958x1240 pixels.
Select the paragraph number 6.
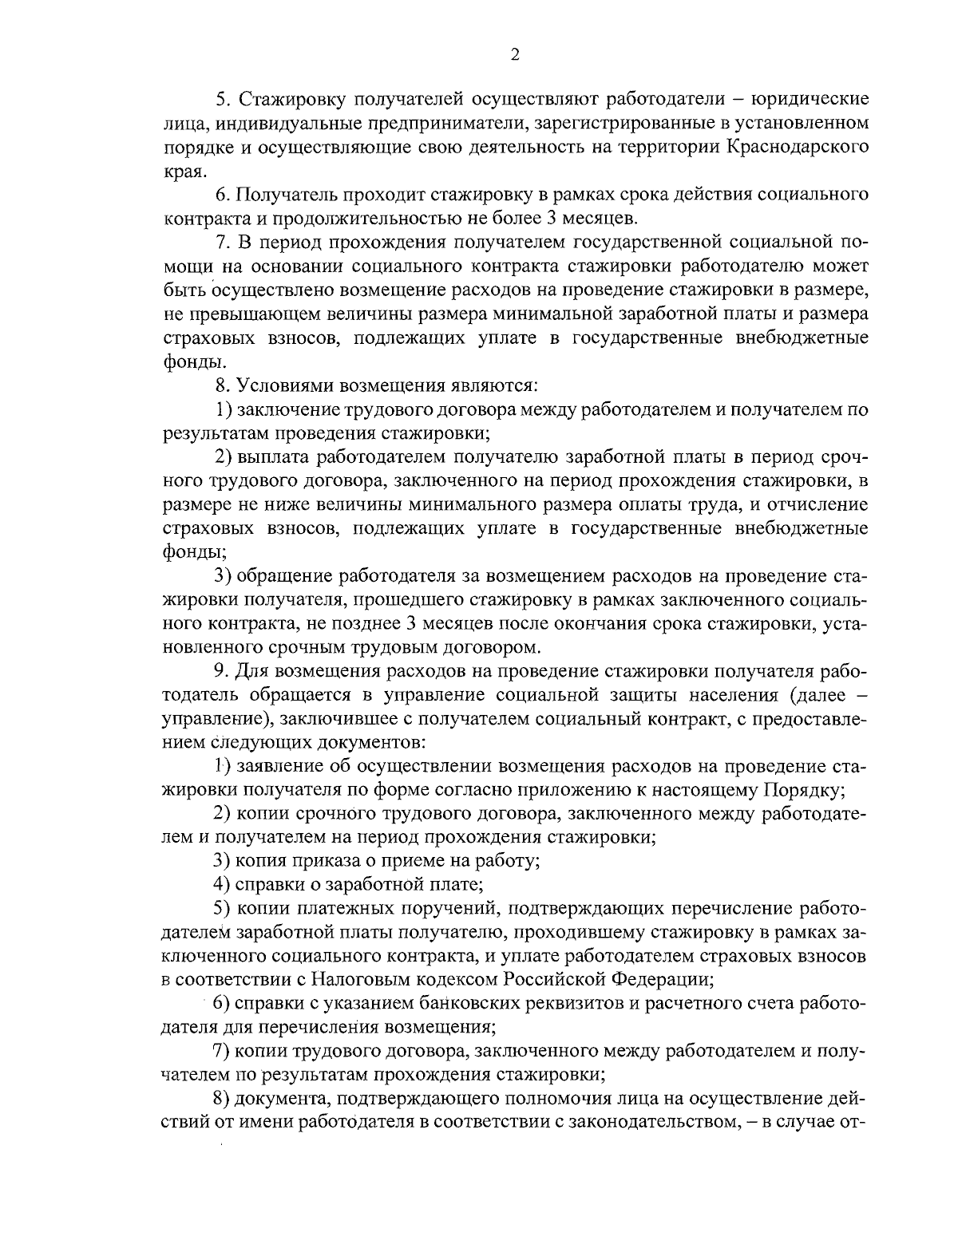coord(221,194)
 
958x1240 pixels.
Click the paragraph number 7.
coord(221,242)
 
